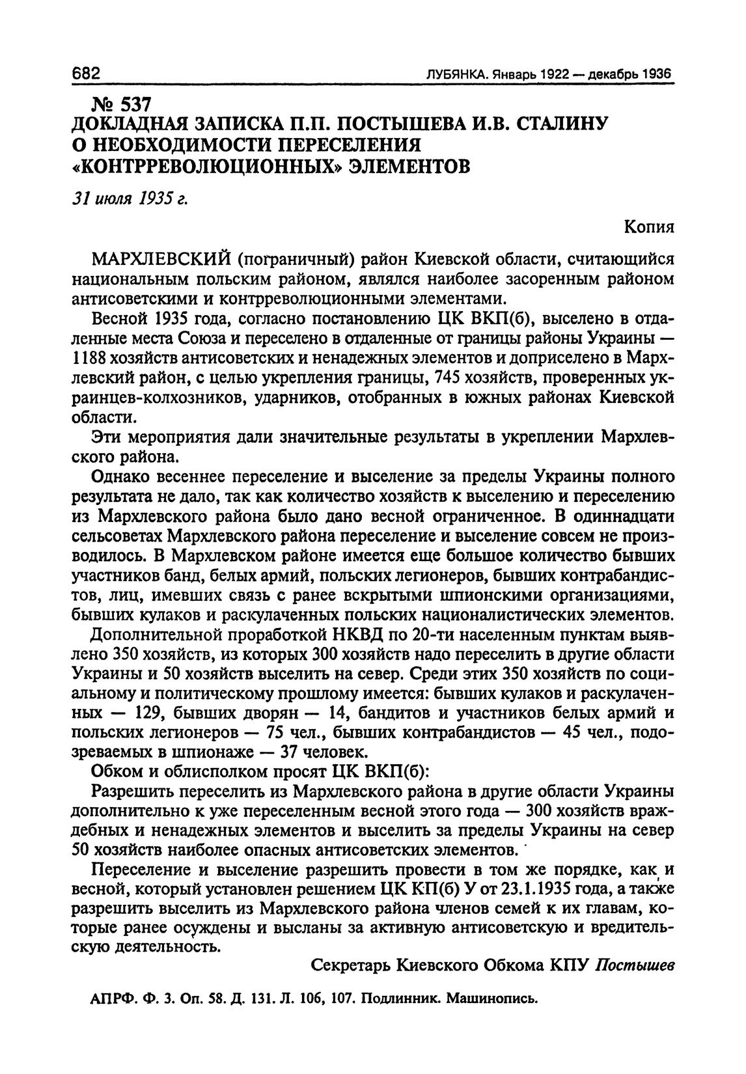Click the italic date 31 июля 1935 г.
coord(128,199)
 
